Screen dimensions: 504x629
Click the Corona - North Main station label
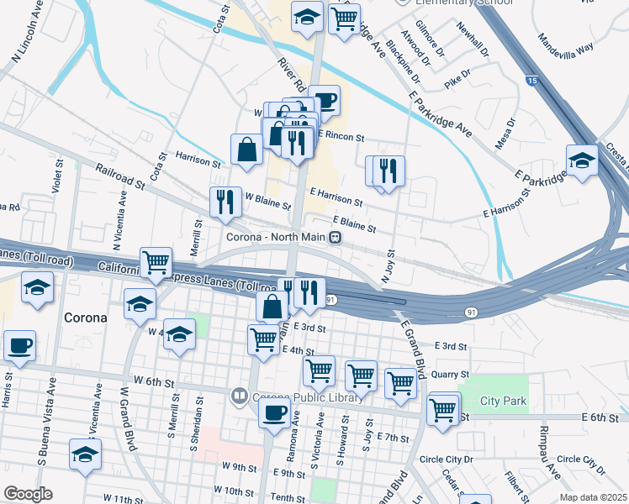tap(275, 237)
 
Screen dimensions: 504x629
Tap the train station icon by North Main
tap(335, 238)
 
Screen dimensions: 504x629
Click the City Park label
tap(503, 401)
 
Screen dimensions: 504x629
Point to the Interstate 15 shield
tap(533, 81)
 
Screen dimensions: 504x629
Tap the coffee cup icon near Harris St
tap(19, 346)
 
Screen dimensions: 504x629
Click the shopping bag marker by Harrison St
tap(247, 150)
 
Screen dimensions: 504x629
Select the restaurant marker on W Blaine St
tap(225, 202)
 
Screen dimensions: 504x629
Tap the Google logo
tap(27, 493)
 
